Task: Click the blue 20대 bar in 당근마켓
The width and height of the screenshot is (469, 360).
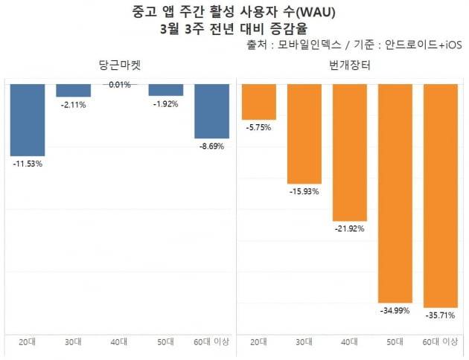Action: (28, 119)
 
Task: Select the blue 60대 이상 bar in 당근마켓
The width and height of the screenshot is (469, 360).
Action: (211, 111)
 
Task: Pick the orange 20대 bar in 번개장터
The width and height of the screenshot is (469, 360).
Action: (258, 101)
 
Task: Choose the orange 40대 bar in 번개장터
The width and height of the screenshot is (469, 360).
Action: (350, 152)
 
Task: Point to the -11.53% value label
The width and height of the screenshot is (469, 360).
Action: (28, 163)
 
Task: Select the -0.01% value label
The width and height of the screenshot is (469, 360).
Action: (119, 85)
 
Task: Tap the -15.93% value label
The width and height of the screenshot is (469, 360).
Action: (304, 192)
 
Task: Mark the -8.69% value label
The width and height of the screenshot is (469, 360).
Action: (211, 147)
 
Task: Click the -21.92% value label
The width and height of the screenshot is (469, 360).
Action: (350, 229)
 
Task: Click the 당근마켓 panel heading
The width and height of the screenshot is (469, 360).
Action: (119, 66)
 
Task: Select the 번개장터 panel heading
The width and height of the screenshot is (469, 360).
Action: (350, 66)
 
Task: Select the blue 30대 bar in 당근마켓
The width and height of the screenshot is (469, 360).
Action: (74, 90)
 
